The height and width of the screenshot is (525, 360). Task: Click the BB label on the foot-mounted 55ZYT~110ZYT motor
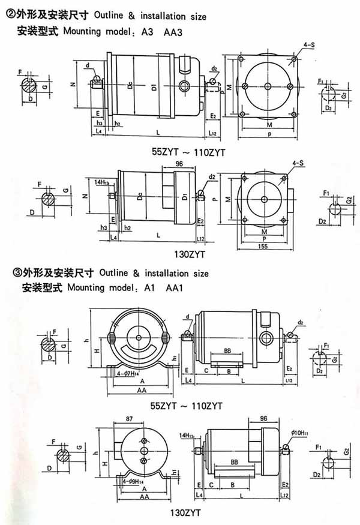pyautogui.click(x=228, y=350)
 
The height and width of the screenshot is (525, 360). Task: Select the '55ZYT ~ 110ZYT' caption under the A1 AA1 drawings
pyautogui.click(x=187, y=406)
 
